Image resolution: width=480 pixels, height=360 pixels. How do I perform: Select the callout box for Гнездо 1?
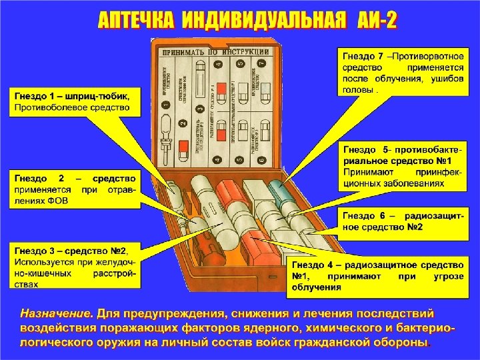coord(75,102)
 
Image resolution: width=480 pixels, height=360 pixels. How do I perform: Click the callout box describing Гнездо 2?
coord(74,190)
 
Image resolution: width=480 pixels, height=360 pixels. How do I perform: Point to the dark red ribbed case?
coord(203,249)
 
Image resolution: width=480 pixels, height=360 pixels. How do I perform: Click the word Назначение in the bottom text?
coord(56,313)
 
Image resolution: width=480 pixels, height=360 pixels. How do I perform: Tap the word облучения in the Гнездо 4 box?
coord(317,287)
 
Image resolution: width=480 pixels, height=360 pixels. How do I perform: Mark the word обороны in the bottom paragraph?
coord(399,342)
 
